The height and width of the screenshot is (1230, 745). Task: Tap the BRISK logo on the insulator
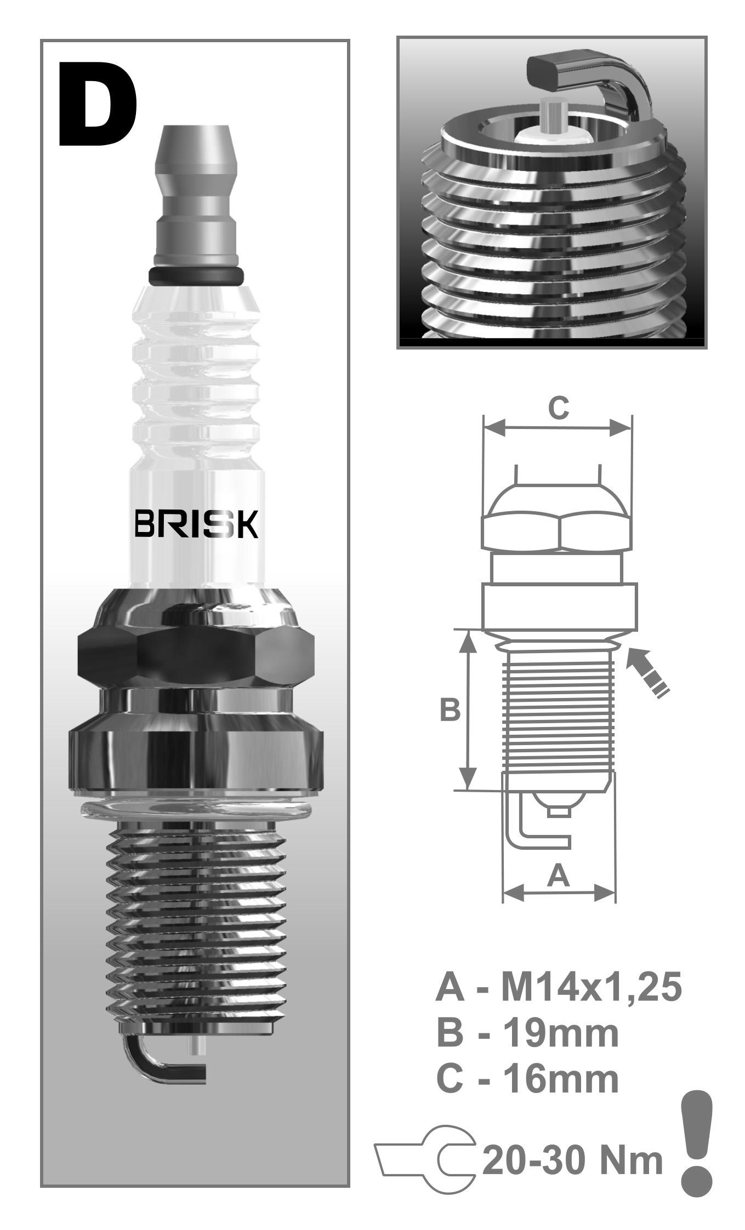pyautogui.click(x=196, y=525)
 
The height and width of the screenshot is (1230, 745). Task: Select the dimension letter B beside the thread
pyautogui.click(x=450, y=710)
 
